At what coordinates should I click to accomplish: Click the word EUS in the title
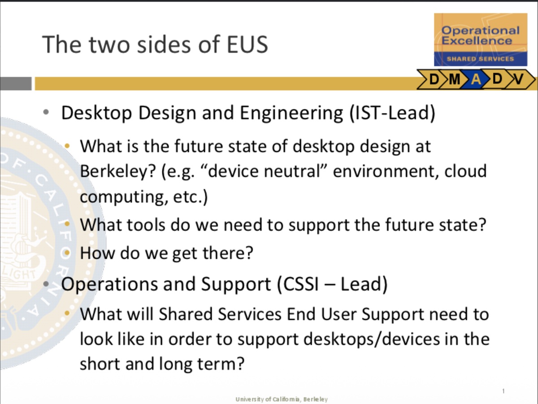coord(247,44)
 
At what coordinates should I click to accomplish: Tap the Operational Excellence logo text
coord(481,35)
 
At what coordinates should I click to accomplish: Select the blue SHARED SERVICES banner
coord(481,59)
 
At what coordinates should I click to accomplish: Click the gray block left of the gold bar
coord(16,83)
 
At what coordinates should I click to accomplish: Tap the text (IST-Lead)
coord(393,113)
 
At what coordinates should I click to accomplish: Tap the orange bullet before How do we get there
coord(67,252)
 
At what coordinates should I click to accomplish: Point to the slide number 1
coord(503,391)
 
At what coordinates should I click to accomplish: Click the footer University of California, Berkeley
coord(282,400)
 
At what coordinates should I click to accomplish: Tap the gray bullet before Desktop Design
coord(46,112)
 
